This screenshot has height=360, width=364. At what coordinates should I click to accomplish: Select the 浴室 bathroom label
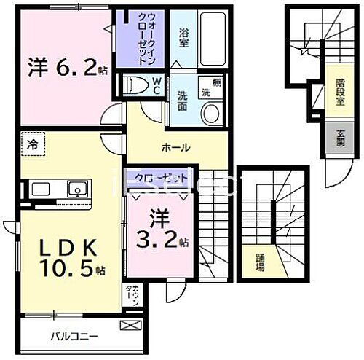(186, 33)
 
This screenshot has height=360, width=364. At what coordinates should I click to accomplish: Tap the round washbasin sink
(211, 112)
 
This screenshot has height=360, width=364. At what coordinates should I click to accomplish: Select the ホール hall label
(175, 148)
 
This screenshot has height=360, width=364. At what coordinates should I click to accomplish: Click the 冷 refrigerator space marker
(32, 144)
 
